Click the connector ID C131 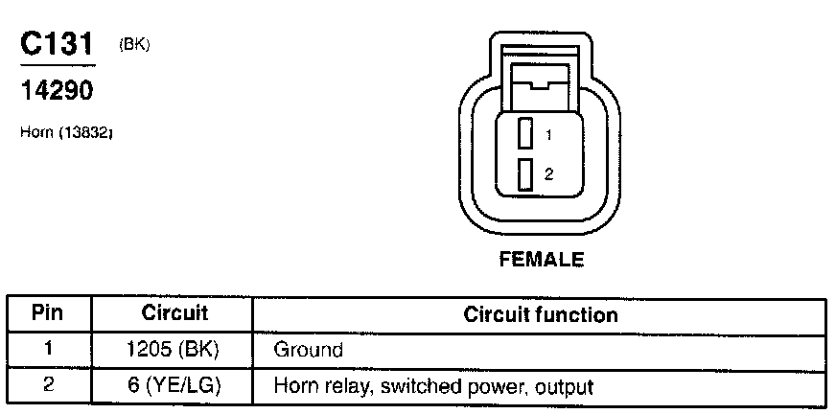[58, 46]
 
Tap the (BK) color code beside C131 [135, 44]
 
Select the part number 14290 [58, 91]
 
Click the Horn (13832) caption [67, 132]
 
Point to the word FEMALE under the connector [542, 259]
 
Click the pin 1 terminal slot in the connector [524, 133]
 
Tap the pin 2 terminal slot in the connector [524, 174]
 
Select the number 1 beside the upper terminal [548, 135]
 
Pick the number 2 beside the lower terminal [548, 175]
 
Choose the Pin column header [47, 313]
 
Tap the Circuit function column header [541, 314]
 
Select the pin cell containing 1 [47, 350]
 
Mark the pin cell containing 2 [47, 386]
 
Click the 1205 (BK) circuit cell [174, 350]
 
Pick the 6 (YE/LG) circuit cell [174, 387]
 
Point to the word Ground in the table [308, 351]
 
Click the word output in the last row [564, 388]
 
